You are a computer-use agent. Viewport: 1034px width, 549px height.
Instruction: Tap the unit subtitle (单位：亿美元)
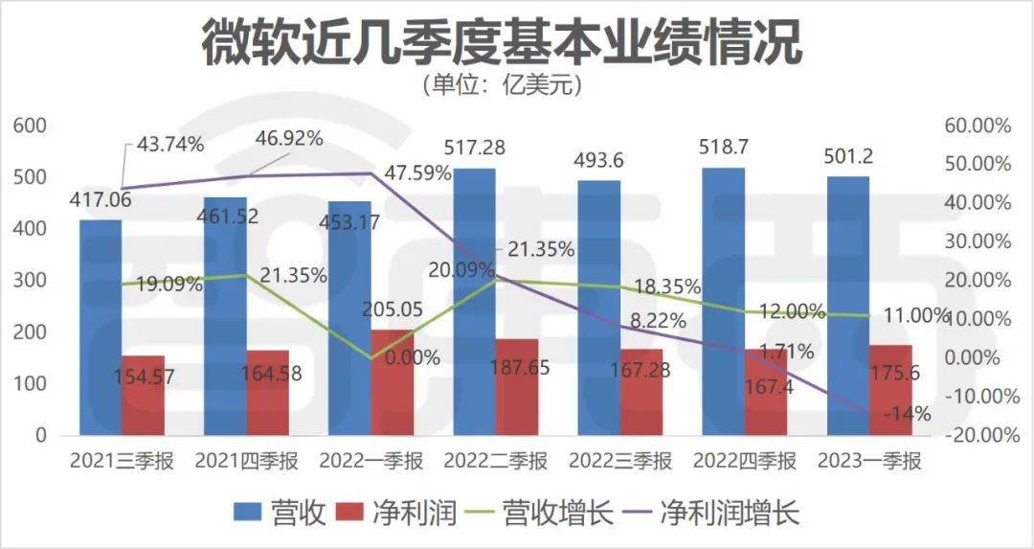[502, 84]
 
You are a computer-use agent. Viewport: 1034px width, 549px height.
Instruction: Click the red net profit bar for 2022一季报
[392, 382]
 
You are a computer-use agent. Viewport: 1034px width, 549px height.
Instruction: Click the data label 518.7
[723, 149]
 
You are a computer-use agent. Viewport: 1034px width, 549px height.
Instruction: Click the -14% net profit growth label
[926, 414]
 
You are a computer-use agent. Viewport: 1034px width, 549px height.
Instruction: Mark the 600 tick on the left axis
[29, 126]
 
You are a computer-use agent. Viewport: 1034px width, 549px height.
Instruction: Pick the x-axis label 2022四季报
[744, 462]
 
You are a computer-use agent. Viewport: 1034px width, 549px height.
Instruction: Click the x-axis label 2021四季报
[247, 462]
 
